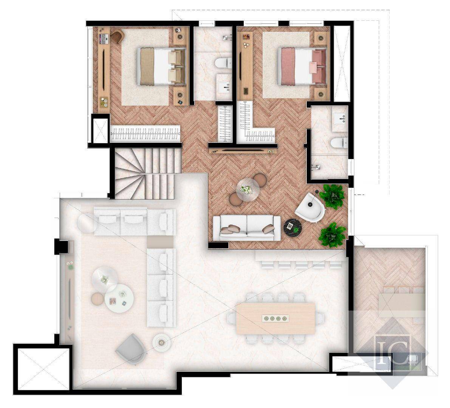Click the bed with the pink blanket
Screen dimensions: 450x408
tap(302, 66)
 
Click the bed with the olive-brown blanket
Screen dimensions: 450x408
tap(162, 66)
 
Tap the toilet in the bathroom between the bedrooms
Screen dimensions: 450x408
tap(224, 63)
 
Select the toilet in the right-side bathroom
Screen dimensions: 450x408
tap(339, 142)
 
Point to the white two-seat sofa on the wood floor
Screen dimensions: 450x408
tap(247, 228)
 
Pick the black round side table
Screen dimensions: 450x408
tap(293, 227)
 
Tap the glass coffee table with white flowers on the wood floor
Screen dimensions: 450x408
tap(248, 190)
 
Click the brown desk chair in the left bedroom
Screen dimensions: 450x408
tap(117, 36)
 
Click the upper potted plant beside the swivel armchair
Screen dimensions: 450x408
tap(332, 196)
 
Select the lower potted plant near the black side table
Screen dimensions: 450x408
tap(332, 235)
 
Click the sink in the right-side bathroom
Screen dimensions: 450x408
tap(340, 118)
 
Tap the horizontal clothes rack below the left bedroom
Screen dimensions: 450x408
tap(145, 134)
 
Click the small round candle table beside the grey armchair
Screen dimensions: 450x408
tap(162, 342)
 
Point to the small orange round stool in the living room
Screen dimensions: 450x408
tap(97, 299)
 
